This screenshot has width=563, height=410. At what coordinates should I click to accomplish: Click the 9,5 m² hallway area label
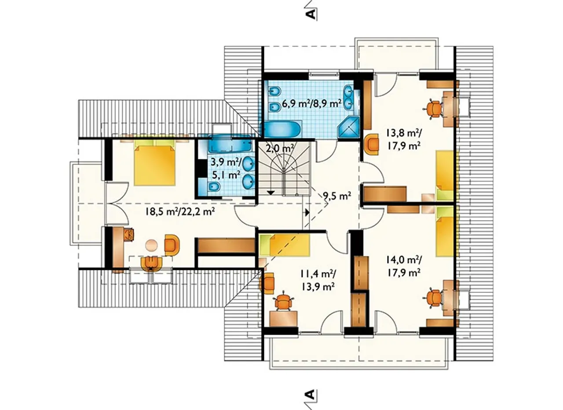click(337, 196)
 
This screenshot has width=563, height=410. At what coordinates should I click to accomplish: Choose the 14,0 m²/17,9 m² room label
click(404, 265)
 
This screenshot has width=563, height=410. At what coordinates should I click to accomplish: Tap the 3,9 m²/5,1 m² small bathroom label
click(226, 169)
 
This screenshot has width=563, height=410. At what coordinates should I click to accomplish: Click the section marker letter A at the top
click(311, 15)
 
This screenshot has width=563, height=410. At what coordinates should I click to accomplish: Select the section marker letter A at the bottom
click(311, 395)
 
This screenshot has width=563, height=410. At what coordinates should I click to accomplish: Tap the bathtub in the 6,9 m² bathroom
click(282, 129)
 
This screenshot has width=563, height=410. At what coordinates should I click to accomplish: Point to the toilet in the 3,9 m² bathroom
click(214, 187)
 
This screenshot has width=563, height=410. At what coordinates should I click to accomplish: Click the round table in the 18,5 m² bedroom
click(152, 244)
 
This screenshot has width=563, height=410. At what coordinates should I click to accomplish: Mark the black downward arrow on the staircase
click(271, 193)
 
